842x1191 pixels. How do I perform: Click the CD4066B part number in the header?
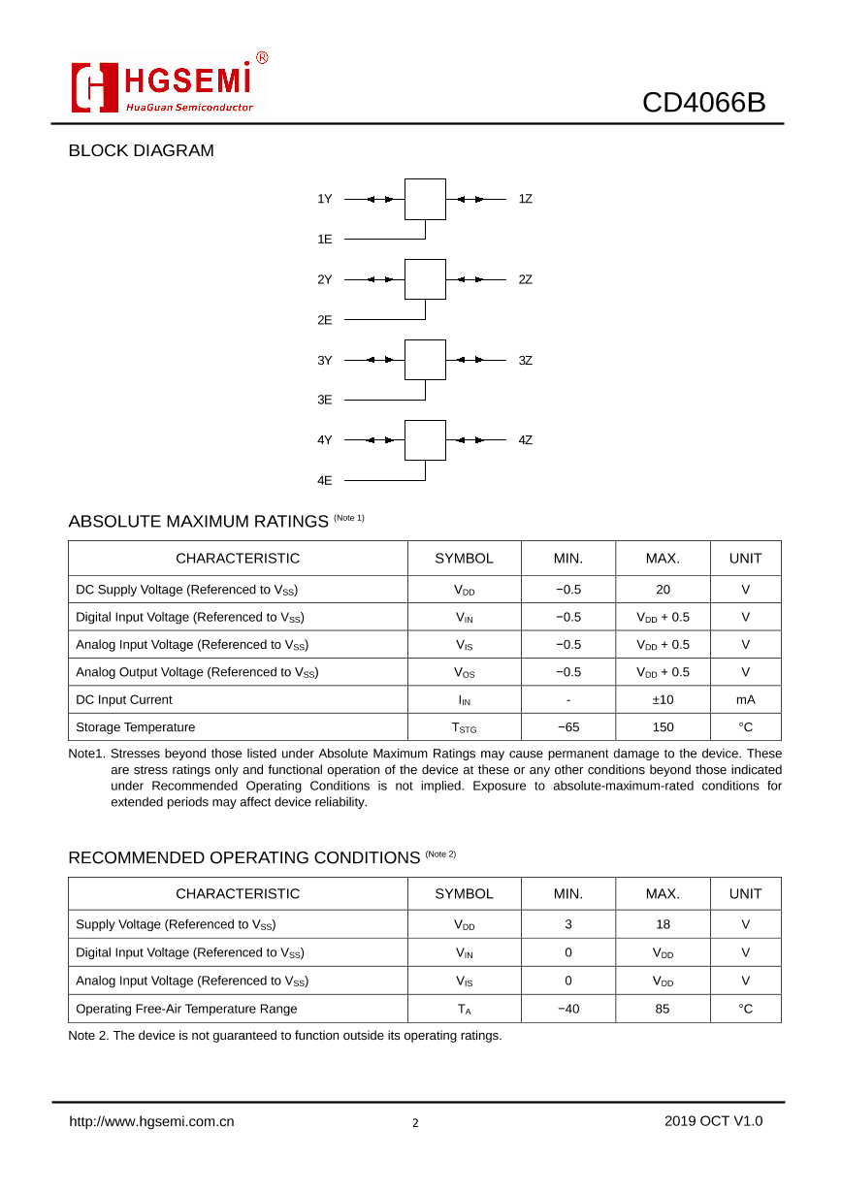[703, 102]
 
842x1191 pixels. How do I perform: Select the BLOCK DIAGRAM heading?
[141, 150]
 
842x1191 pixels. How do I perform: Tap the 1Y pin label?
[325, 199]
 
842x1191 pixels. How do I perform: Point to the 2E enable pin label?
[325, 319]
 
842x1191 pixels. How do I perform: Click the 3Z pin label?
[525, 360]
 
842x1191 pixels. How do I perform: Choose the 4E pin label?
[325, 480]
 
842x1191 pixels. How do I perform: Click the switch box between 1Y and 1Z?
[425, 199]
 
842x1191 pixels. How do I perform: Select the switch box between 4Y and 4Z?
[425, 440]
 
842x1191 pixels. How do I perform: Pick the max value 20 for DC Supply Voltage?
[663, 590]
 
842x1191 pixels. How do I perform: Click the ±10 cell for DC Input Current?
[663, 699]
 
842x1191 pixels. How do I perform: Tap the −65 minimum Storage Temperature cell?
[567, 727]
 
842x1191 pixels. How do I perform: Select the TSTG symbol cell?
[464, 727]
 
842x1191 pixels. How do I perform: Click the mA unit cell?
[745, 699]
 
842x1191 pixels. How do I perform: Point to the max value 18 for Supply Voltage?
[663, 924]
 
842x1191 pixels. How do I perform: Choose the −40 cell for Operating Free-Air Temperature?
[567, 1009]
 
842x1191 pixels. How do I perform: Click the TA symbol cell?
[464, 1009]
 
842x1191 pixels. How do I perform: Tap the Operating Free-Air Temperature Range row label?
[186, 1009]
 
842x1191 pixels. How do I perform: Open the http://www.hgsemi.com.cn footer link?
[151, 1121]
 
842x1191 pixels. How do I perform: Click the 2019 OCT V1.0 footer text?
[713, 1121]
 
